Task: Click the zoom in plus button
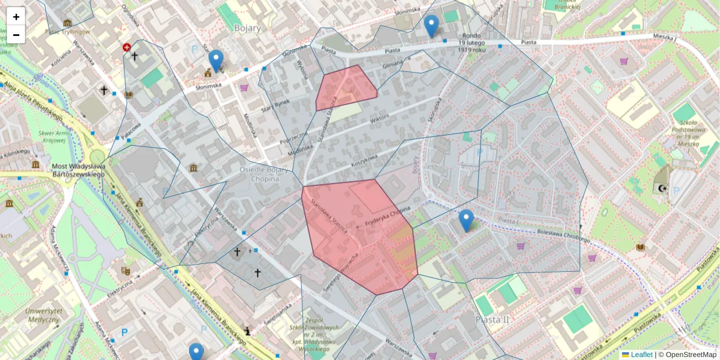click(16, 17)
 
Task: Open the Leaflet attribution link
click(641, 355)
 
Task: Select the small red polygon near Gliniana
click(345, 88)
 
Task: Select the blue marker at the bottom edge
click(196, 353)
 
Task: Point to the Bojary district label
click(248, 28)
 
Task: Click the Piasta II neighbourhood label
click(491, 319)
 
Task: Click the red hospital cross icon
click(127, 47)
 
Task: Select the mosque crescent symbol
click(662, 188)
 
